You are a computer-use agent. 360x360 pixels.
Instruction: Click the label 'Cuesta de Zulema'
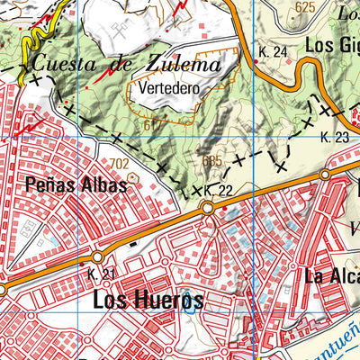pos(126,66)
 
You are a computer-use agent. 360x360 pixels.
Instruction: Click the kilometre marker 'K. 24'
pos(273,52)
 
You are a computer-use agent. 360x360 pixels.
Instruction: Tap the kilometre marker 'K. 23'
pos(334,137)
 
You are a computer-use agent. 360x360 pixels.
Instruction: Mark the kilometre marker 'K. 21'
pos(102,274)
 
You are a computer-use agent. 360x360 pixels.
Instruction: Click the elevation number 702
pos(119,163)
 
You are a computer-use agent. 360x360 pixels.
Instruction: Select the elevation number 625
pos(305,7)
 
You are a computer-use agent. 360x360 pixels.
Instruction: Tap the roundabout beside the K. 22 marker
pos(208,208)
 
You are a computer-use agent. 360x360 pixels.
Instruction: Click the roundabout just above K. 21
pos(98,256)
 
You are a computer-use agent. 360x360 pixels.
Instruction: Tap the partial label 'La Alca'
pos(330,275)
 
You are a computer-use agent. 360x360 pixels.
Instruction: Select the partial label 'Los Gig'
pos(331,44)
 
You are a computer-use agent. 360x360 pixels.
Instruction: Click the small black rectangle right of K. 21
pos(135,241)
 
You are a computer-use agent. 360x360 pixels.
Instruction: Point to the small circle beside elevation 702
pos(133,178)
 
